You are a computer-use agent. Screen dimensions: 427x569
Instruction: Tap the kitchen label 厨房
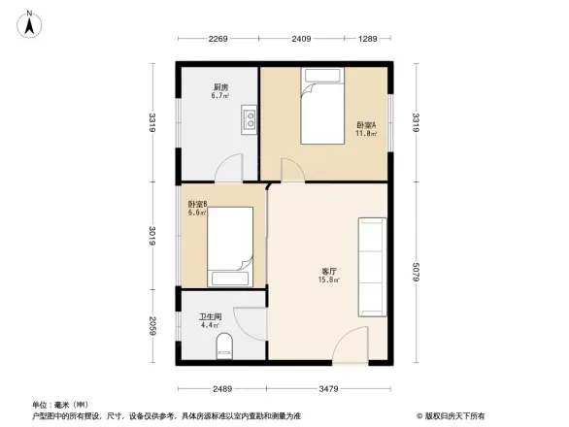[x=220, y=87]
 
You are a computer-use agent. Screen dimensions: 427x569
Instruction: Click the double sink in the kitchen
[x=249, y=120]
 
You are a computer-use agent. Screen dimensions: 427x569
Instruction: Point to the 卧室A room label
[x=366, y=125]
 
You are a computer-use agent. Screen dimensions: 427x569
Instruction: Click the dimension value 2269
[x=217, y=39]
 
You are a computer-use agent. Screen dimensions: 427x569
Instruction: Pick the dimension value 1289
[x=366, y=39]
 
